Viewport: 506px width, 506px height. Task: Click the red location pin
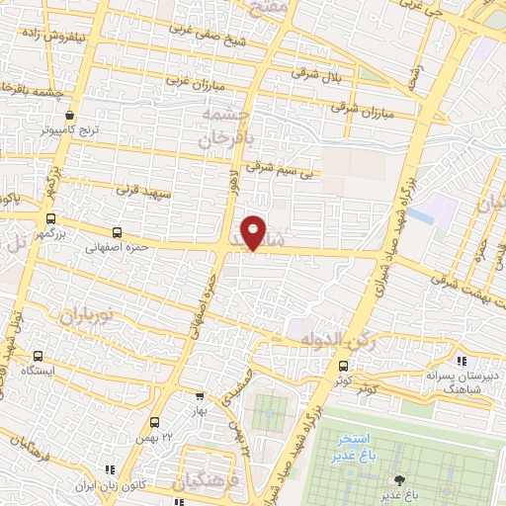255,231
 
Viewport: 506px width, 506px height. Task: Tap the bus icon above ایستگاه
39,357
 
